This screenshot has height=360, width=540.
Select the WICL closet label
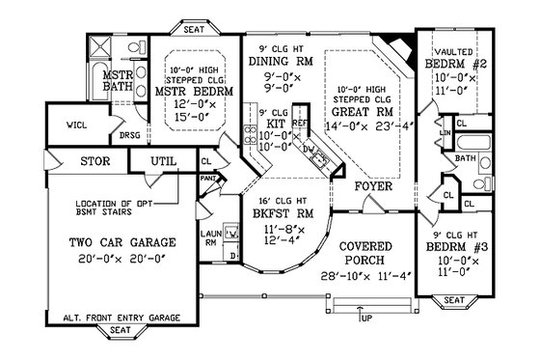point(76,125)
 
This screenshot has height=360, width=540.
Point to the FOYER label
point(372,184)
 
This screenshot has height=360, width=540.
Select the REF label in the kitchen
point(300,125)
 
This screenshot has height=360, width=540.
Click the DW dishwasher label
point(308,149)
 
